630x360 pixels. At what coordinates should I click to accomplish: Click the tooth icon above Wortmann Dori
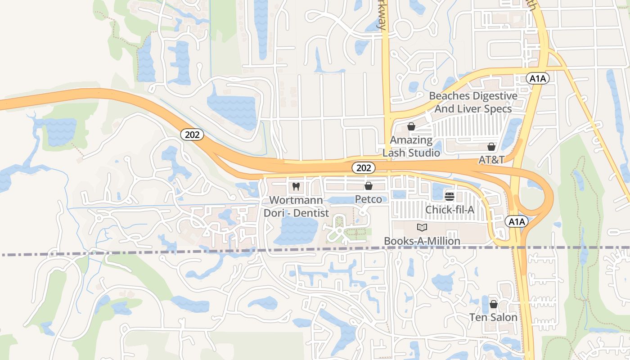pyautogui.click(x=296, y=186)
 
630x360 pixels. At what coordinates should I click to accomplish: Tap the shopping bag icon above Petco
pyautogui.click(x=369, y=185)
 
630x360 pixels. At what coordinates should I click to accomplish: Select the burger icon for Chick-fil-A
pyautogui.click(x=450, y=196)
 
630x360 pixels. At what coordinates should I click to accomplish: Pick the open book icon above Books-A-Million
pyautogui.click(x=422, y=228)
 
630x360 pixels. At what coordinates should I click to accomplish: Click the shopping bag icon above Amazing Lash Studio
pyautogui.click(x=411, y=126)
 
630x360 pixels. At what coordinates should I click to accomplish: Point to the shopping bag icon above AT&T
pyautogui.click(x=491, y=147)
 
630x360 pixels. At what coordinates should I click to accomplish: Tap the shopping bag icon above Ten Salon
pyautogui.click(x=493, y=304)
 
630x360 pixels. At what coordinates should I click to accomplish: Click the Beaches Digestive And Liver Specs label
pyautogui.click(x=473, y=102)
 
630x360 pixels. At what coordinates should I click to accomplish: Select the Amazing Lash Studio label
pyautogui.click(x=411, y=146)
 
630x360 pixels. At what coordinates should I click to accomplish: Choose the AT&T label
pyautogui.click(x=491, y=160)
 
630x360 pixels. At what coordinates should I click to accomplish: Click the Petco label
pyautogui.click(x=369, y=199)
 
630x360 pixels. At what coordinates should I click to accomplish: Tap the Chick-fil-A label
pyautogui.click(x=450, y=210)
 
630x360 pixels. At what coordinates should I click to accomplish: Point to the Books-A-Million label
pyautogui.click(x=422, y=241)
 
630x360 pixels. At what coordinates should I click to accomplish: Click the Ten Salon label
pyautogui.click(x=493, y=317)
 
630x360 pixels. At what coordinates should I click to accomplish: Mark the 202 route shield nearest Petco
pyautogui.click(x=363, y=168)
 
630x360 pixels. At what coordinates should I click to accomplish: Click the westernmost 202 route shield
pyautogui.click(x=193, y=135)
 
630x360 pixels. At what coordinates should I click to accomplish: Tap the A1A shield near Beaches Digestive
pyautogui.click(x=537, y=79)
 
